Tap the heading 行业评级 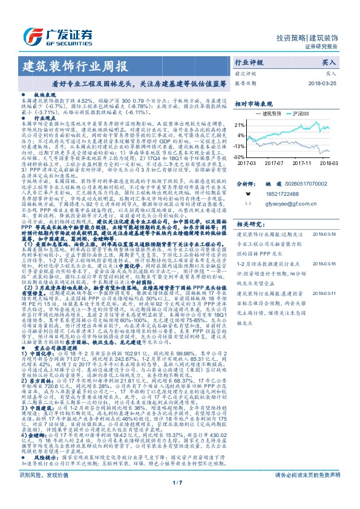[x=249, y=62]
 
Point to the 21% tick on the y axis [x=241, y=123]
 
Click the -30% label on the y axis [x=241, y=156]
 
